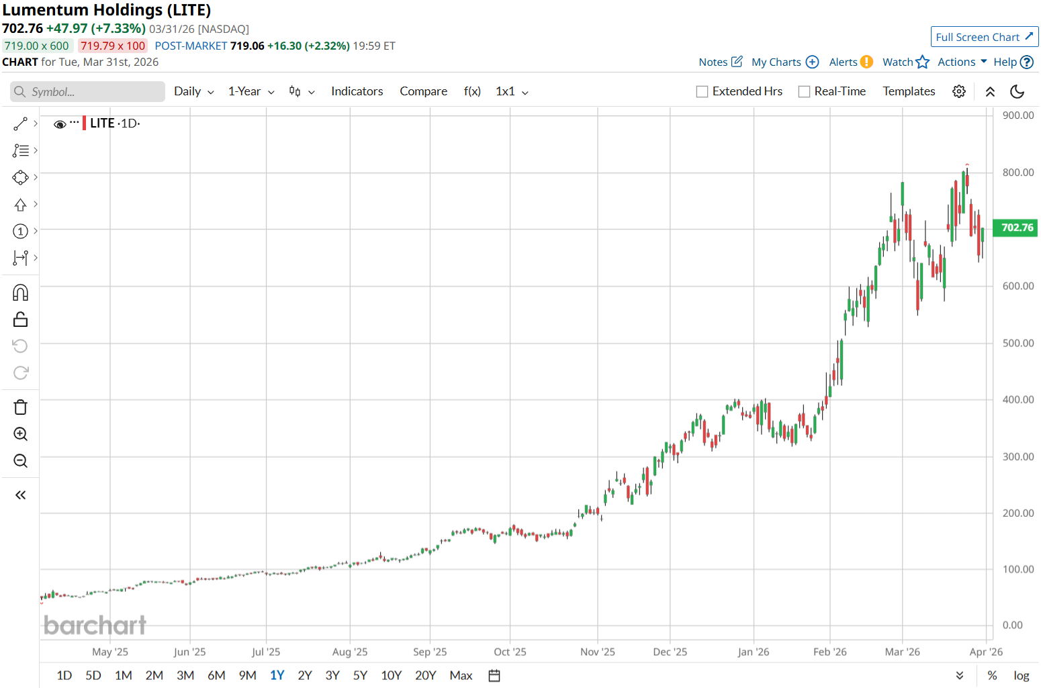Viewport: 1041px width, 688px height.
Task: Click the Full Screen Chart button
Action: (984, 37)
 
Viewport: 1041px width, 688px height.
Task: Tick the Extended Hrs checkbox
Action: (703, 91)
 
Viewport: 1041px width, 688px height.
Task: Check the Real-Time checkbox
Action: (804, 91)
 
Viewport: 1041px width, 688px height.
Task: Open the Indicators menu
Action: (357, 91)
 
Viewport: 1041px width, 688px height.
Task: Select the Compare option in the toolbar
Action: (423, 91)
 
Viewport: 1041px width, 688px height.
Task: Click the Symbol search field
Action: (87, 92)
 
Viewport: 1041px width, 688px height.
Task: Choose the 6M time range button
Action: (216, 675)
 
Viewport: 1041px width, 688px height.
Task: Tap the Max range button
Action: (461, 675)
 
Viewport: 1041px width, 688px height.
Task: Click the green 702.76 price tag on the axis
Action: (1017, 228)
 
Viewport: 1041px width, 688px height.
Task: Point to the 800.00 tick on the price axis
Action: (1017, 173)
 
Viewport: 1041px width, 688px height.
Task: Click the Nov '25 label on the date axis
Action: (597, 652)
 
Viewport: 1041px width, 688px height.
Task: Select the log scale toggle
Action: (1021, 675)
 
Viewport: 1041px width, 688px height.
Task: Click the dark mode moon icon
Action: (1017, 91)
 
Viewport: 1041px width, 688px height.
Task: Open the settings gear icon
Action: (959, 91)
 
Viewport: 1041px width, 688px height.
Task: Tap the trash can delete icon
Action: (21, 407)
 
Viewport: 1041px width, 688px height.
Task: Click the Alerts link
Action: (850, 62)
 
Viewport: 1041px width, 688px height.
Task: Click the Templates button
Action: (909, 91)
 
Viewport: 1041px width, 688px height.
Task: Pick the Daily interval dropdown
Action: (193, 91)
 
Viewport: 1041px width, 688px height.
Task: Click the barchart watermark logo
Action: (95, 626)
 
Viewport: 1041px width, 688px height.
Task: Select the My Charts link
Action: (784, 62)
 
